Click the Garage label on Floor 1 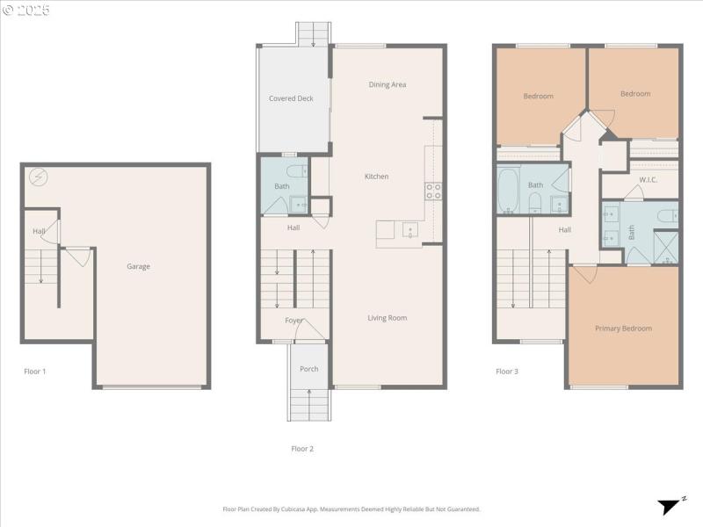tap(138, 266)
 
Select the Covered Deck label tap(291, 98)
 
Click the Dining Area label tap(387, 84)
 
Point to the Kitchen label tap(376, 177)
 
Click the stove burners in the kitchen tap(433, 191)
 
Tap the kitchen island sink tap(409, 231)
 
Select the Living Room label tap(387, 318)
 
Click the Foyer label tap(294, 321)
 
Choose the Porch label tap(308, 369)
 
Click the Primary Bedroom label tap(623, 328)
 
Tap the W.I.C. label tap(649, 180)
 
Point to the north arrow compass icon tap(671, 506)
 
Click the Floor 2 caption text tap(302, 449)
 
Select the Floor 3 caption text tap(507, 372)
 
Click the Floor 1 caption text tap(35, 372)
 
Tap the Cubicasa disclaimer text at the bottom tap(351, 509)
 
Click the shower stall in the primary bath tap(665, 247)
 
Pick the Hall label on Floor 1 tap(39, 232)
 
